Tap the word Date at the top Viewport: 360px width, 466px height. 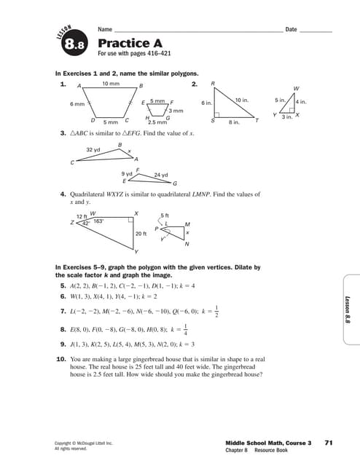[291, 29]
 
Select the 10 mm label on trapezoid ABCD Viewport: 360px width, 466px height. [111, 84]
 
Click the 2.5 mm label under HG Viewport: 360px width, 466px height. [157, 123]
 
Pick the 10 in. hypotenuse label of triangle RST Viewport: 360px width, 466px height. [243, 98]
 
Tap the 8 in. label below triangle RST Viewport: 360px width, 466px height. [234, 123]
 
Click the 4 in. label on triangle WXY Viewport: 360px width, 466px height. [301, 102]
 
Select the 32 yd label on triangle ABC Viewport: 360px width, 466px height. [93, 149]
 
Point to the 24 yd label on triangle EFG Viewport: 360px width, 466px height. [161, 175]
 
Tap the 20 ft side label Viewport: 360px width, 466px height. [141, 234]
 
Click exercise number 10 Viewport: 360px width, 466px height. [61, 359]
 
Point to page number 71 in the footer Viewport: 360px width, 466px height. [329, 442]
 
